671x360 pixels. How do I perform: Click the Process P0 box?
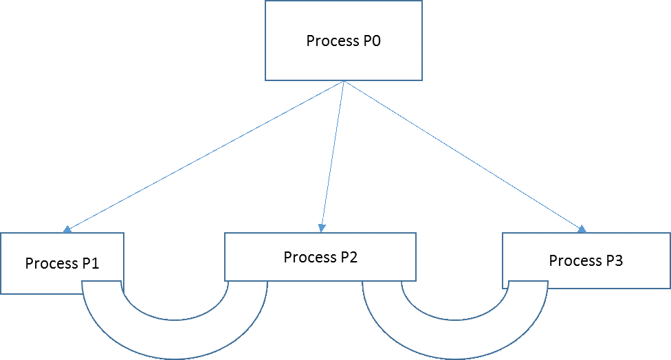tap(343, 41)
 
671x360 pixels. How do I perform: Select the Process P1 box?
tap(62, 264)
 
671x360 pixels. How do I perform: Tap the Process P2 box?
tap(320, 257)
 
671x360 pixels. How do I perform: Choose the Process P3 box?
tap(586, 260)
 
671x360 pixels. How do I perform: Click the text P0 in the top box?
tap(371, 41)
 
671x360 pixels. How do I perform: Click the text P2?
tap(347, 258)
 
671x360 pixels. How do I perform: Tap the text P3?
tap(613, 261)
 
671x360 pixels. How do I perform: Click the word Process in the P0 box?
tap(331, 41)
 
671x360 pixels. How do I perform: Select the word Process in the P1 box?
tap(50, 264)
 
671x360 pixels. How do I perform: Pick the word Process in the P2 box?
tap(309, 258)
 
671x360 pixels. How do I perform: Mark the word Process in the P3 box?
tap(574, 261)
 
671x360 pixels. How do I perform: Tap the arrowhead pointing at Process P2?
tap(322, 227)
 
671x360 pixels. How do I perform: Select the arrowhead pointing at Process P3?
tap(583, 229)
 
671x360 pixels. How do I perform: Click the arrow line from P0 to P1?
tap(206, 155)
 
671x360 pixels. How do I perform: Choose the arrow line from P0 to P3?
tap(464, 155)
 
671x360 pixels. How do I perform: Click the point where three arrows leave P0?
tap(344, 82)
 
